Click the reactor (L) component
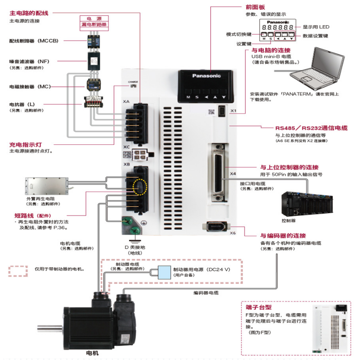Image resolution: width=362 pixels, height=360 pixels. (x=94, y=102)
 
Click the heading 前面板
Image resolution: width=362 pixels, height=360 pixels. (x=255, y=7)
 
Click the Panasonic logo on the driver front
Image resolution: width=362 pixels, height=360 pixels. (x=206, y=76)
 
